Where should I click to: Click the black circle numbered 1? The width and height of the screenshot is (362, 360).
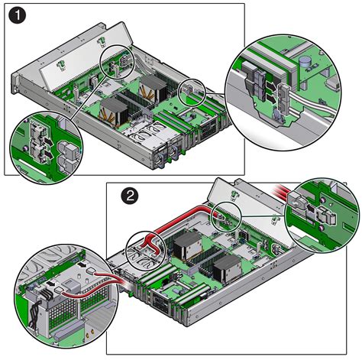click(x=17, y=15)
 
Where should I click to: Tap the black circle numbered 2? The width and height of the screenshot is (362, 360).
click(x=130, y=196)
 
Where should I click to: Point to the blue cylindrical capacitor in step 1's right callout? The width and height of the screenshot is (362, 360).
click(x=304, y=62)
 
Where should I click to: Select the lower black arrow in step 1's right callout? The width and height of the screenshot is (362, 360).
click(x=272, y=99)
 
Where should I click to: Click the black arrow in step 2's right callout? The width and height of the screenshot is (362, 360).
click(x=310, y=208)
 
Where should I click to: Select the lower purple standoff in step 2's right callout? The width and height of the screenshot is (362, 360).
click(x=322, y=227)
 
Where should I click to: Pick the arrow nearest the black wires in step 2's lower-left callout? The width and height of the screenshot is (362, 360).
click(x=52, y=283)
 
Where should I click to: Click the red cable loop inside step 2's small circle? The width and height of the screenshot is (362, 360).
click(x=151, y=244)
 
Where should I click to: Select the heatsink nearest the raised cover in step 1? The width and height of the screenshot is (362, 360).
click(x=153, y=87)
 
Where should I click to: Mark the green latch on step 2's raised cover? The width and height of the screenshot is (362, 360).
click(x=233, y=194)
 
